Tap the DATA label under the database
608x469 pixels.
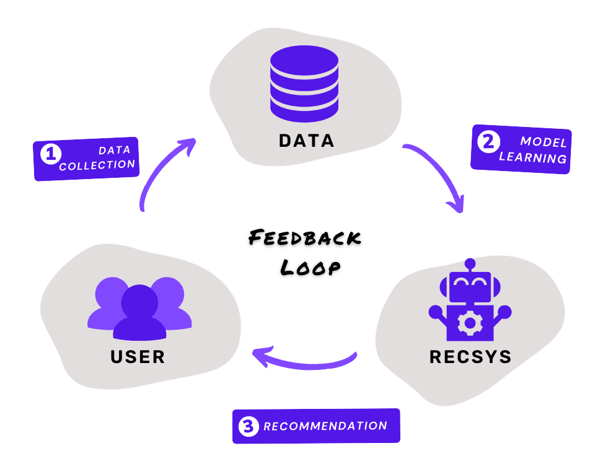(306, 141)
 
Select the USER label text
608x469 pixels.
(138, 357)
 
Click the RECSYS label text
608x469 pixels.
(470, 357)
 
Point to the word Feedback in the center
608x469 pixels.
(305, 239)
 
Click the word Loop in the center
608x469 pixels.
(310, 266)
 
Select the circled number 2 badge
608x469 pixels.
(488, 142)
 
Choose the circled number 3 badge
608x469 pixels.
(248, 427)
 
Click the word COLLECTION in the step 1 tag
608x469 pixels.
(97, 165)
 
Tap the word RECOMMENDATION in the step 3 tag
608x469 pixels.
(325, 426)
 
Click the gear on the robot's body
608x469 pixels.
(470, 323)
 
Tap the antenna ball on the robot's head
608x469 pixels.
(470, 263)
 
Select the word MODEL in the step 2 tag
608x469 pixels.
(543, 142)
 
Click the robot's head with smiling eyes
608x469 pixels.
(470, 286)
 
